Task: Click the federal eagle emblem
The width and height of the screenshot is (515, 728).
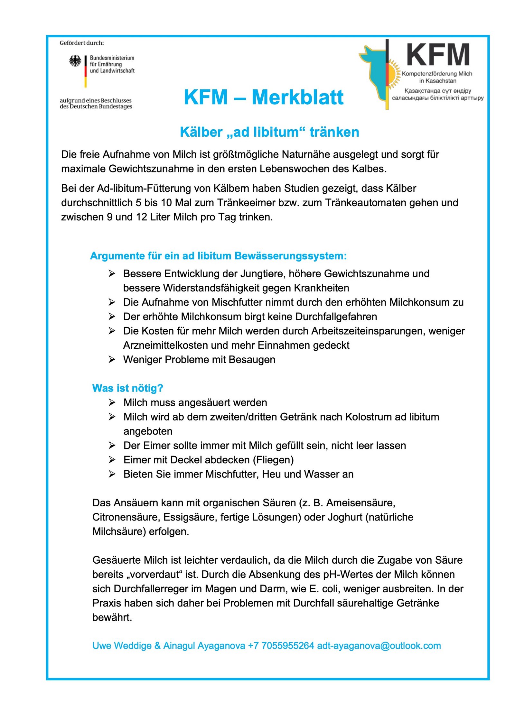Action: [75, 61]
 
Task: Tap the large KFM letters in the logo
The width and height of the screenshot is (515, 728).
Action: [437, 55]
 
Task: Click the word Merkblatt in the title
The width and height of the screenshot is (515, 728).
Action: [298, 97]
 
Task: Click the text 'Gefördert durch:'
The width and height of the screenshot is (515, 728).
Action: [82, 43]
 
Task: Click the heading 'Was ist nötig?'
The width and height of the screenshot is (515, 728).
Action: [128, 388]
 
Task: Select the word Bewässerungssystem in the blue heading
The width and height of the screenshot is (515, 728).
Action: [291, 256]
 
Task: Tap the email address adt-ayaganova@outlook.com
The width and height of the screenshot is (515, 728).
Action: [379, 646]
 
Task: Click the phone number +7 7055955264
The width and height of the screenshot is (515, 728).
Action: [281, 646]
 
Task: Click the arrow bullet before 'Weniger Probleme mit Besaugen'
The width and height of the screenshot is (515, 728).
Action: [112, 359]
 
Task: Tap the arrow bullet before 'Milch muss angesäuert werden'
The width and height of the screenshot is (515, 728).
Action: [112, 402]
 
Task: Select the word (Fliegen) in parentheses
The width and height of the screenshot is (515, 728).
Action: [273, 460]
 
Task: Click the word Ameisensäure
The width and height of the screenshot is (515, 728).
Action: [360, 503]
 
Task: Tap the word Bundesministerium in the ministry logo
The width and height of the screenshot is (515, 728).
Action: [112, 58]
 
